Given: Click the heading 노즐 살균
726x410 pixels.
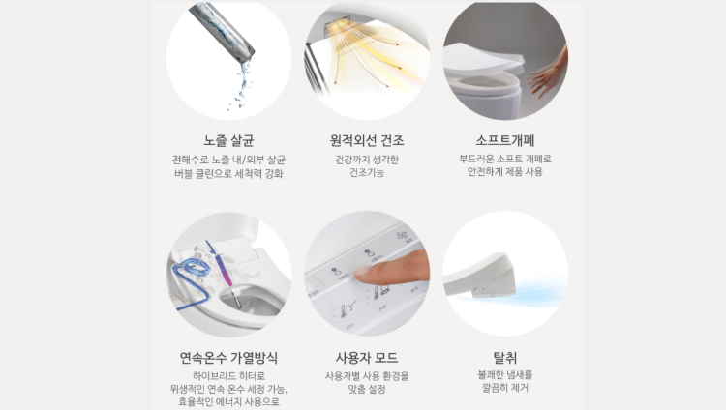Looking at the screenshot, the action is pyautogui.click(x=228, y=140).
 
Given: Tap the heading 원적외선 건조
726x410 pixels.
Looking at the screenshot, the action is pyautogui.click(x=367, y=140).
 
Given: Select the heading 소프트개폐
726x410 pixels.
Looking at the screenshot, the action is pyautogui.click(x=505, y=140).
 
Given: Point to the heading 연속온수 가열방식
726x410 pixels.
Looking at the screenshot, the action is pyautogui.click(x=228, y=357).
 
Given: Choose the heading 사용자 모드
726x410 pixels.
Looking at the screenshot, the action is pyautogui.click(x=367, y=357).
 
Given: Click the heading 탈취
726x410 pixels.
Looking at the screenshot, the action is pyautogui.click(x=505, y=357).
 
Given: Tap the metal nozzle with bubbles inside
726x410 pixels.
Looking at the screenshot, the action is pyautogui.click(x=222, y=31).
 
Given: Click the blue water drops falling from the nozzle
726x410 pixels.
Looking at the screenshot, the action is pyautogui.click(x=241, y=86).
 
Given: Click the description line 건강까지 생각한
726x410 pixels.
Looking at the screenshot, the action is pyautogui.click(x=367, y=160).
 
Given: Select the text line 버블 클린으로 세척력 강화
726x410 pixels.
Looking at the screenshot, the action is pyautogui.click(x=228, y=173).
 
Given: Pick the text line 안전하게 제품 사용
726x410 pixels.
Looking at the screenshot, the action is pyautogui.click(x=505, y=172).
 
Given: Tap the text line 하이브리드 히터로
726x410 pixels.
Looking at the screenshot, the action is pyautogui.click(x=228, y=376).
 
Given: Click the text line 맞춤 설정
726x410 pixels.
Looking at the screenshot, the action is pyautogui.click(x=367, y=389).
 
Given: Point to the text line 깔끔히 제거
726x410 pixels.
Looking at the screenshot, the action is pyautogui.click(x=505, y=388).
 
